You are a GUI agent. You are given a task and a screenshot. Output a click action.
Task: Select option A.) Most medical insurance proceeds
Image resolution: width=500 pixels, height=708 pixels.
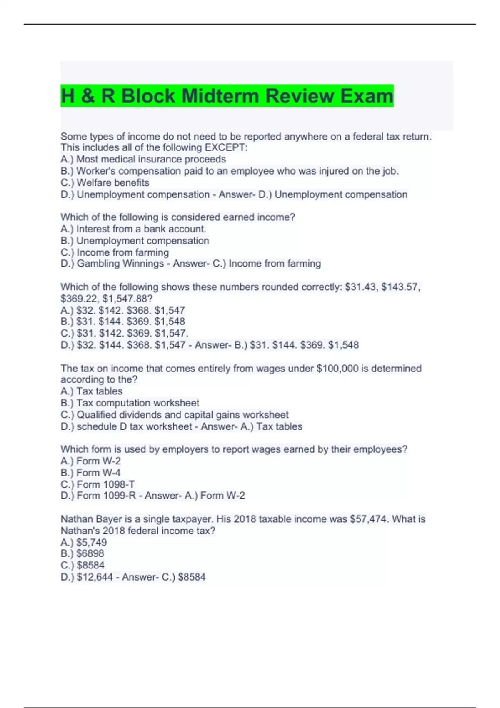tap(143, 159)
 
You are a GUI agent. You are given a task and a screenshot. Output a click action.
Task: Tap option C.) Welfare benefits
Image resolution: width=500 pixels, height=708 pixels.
tap(105, 182)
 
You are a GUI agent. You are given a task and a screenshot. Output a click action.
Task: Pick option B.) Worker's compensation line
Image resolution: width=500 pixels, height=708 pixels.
tap(229, 171)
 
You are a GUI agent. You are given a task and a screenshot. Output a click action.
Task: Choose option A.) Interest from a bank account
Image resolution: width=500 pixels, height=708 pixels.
tap(133, 229)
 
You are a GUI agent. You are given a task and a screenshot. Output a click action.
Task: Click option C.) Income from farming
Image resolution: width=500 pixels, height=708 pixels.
tap(115, 252)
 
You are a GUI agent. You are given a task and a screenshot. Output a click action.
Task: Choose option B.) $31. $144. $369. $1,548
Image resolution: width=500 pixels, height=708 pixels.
tap(122, 322)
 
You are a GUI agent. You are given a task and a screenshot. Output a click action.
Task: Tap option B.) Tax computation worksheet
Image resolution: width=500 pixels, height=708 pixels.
tap(130, 403)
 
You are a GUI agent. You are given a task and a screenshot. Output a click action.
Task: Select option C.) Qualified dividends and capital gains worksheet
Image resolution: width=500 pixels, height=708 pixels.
tap(174, 415)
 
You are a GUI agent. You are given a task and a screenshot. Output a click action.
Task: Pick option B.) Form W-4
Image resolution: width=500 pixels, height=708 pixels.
tap(90, 473)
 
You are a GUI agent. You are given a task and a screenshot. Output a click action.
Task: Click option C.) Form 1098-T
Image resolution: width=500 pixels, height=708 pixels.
tap(97, 484)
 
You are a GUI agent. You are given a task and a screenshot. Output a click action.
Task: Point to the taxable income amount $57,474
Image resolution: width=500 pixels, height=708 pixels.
tap(368, 519)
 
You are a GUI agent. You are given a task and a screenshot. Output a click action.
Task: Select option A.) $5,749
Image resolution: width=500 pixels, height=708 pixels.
tap(84, 542)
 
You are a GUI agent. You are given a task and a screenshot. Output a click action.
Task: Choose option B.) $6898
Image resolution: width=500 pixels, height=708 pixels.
tap(82, 553)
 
